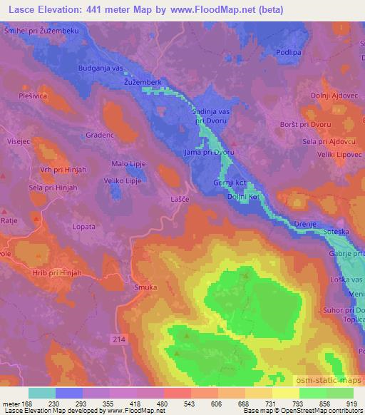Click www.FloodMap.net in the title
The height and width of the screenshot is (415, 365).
tap(216, 8)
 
